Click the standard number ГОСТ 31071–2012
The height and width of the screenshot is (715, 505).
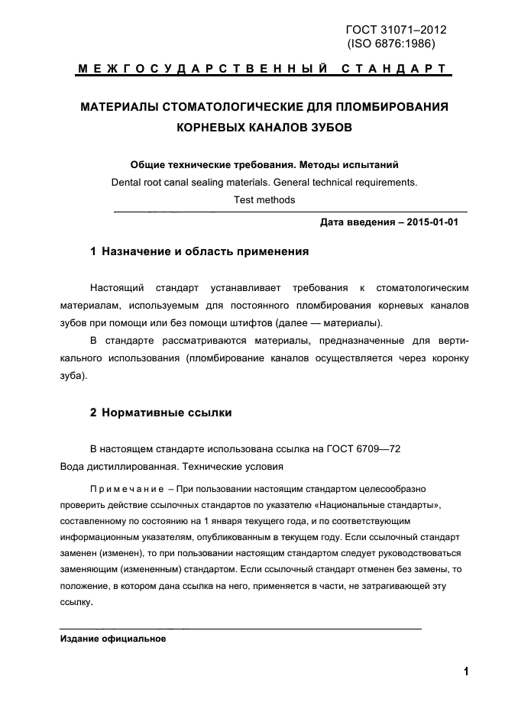396,30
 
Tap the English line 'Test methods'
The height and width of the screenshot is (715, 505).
264,200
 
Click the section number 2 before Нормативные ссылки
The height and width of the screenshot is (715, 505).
93,412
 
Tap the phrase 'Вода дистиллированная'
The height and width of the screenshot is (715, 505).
109,466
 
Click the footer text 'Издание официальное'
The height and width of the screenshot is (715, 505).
113,639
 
